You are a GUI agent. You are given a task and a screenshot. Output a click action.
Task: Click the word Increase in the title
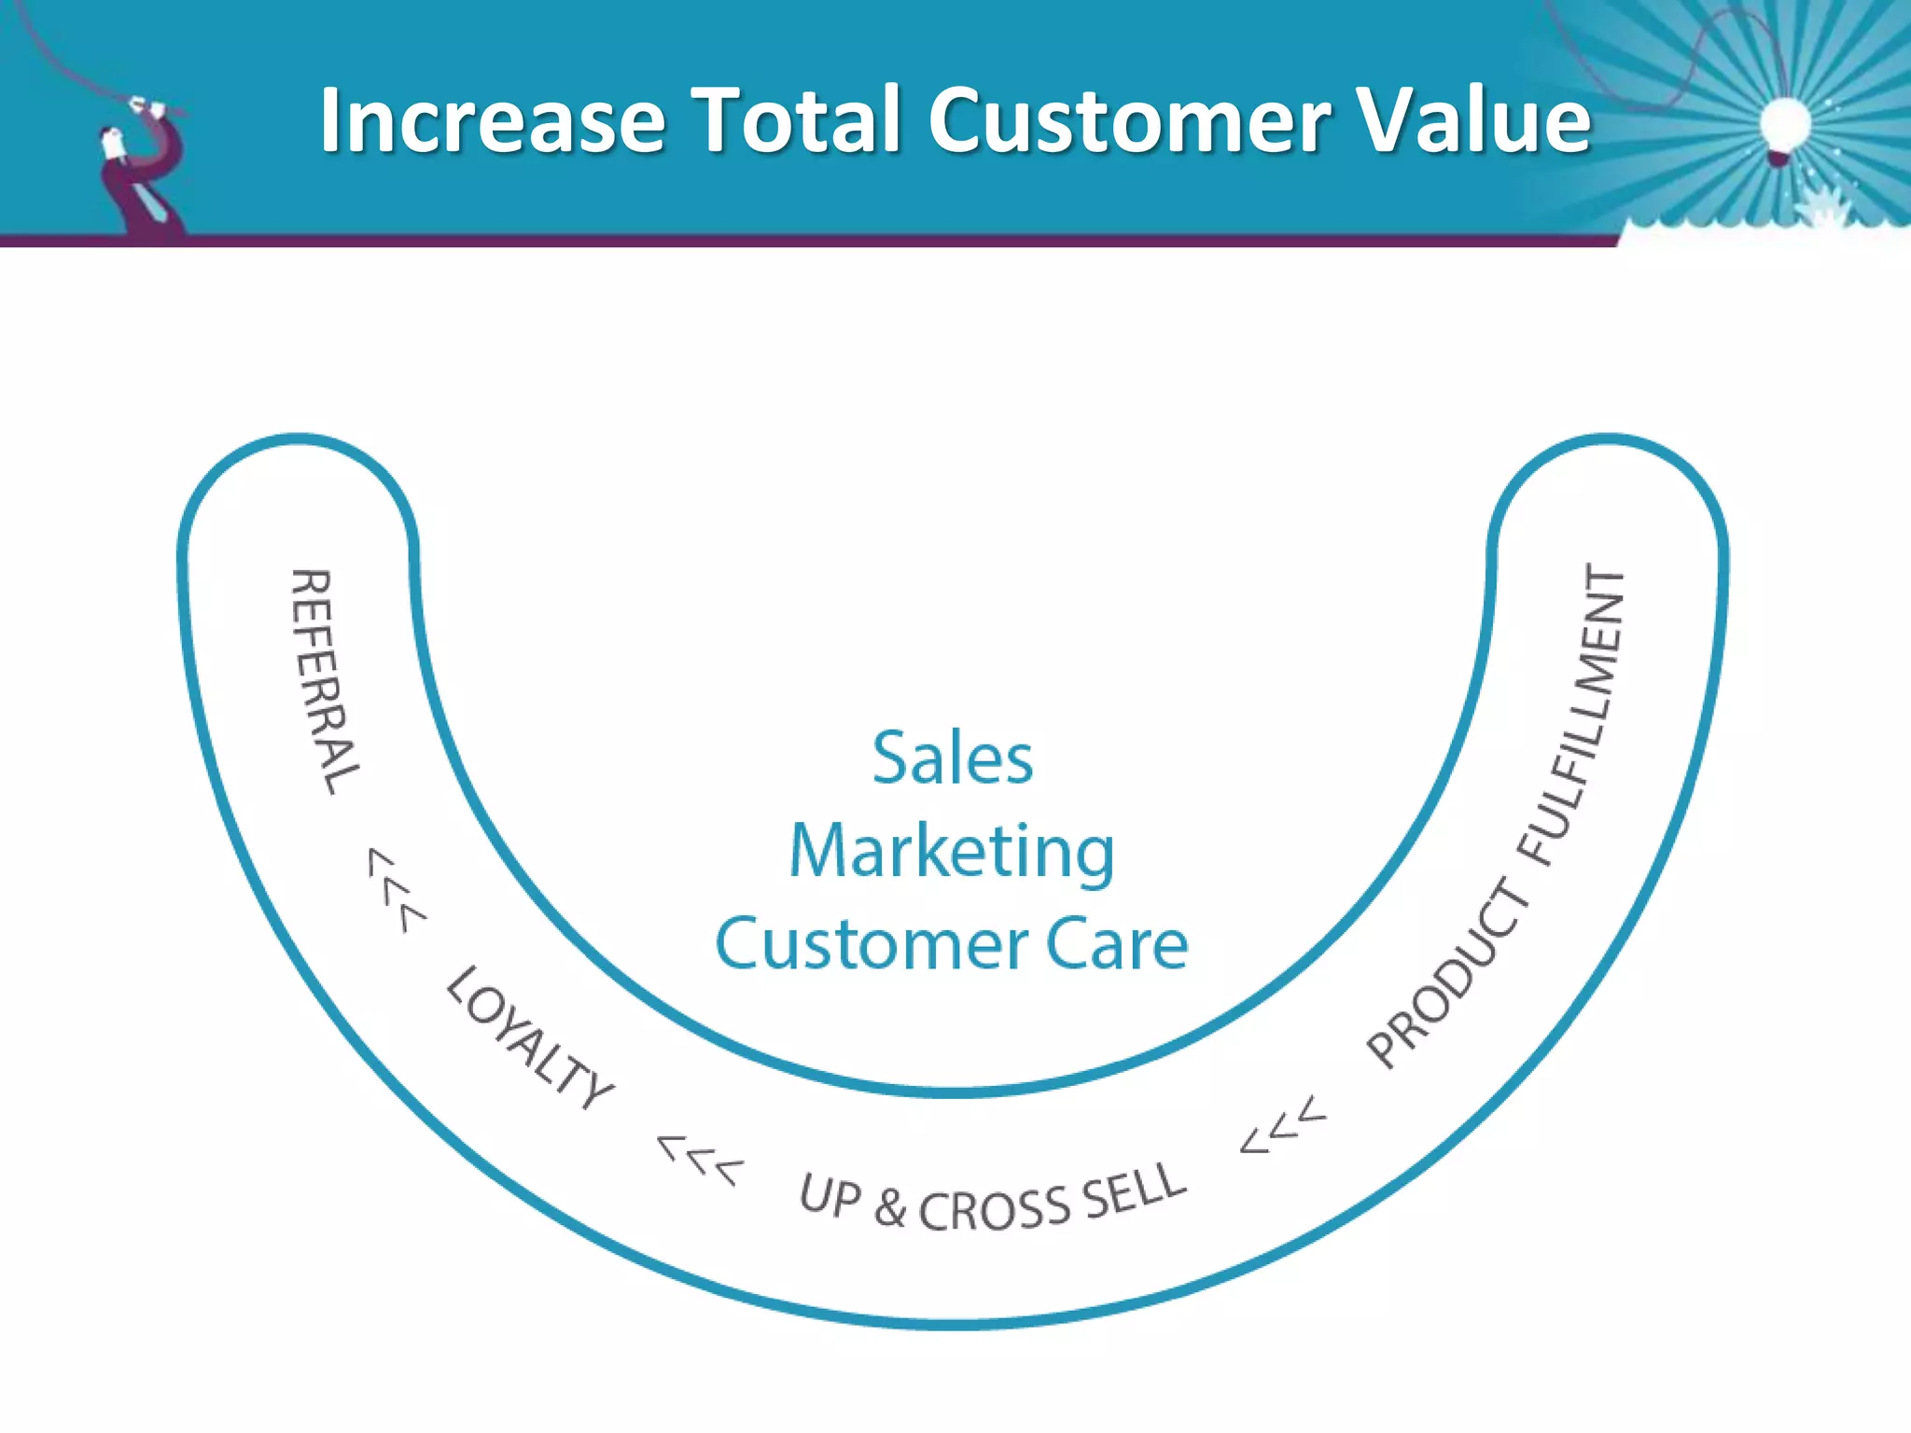pos(492,121)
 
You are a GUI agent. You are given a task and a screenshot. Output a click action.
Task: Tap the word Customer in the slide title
pos(1130,121)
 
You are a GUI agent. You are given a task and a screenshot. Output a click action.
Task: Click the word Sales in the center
pos(953,758)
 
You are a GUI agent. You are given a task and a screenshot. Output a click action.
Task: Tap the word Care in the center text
pos(1116,945)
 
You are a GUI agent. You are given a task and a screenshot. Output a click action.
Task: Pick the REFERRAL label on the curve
pos(324,682)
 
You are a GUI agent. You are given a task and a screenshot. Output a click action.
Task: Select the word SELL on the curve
pos(1135,1190)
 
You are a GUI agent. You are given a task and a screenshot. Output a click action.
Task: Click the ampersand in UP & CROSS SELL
pos(890,1208)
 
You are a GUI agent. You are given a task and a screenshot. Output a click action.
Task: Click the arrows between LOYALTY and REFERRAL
pos(396,890)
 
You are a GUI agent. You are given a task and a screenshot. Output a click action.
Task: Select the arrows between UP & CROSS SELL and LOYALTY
pos(701,1159)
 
